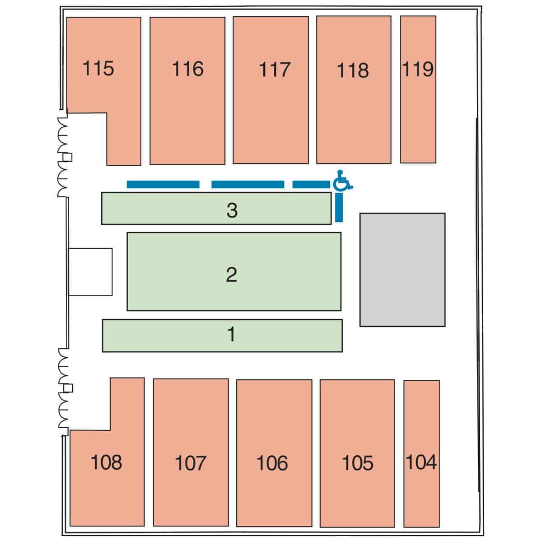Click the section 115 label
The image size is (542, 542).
[98, 68]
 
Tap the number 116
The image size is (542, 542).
[187, 69]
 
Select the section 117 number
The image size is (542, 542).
[275, 70]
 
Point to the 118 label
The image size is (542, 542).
[352, 70]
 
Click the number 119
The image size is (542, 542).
[418, 69]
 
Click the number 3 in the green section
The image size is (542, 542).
[232, 210]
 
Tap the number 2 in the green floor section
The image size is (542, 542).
[232, 275]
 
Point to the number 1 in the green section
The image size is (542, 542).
[231, 334]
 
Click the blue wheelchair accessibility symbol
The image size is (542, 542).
[343, 180]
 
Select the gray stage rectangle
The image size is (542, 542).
[402, 270]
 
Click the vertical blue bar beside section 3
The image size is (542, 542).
[339, 207]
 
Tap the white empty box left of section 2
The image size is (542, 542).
[90, 272]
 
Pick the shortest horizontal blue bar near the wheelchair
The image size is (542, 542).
[311, 185]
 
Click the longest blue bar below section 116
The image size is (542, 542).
[163, 185]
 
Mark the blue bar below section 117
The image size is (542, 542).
[248, 185]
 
